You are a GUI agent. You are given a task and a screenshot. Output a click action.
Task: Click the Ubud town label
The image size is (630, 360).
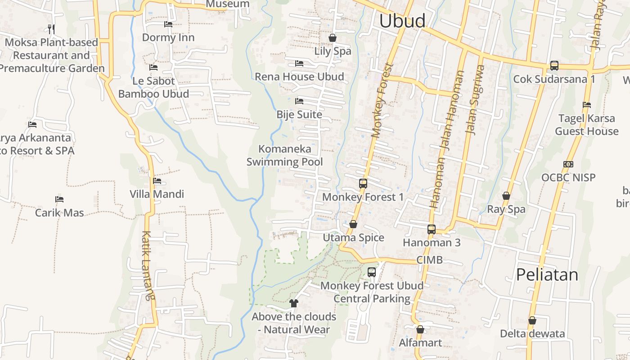point(402,21)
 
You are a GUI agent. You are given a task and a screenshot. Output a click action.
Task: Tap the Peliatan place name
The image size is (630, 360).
point(547,274)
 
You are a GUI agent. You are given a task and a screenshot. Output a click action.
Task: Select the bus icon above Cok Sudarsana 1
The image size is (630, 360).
point(554,66)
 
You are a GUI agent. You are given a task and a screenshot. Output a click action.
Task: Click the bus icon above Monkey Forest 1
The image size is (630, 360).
point(363,184)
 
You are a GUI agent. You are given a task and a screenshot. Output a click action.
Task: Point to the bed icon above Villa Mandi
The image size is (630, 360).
point(157,181)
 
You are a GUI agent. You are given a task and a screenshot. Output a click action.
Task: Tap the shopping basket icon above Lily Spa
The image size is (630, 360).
point(333,38)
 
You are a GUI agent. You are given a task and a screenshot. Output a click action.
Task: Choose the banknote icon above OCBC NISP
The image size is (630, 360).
point(568,164)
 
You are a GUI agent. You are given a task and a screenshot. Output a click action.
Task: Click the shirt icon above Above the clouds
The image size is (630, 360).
point(294,303)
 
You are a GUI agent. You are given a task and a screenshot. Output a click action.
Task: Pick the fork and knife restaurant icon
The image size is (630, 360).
point(51,29)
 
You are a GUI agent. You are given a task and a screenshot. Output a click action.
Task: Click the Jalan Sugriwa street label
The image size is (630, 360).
point(476,100)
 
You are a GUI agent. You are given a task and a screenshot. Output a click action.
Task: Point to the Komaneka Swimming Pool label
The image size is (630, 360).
point(285,155)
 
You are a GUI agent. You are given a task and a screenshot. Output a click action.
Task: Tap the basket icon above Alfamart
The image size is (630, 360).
point(420,330)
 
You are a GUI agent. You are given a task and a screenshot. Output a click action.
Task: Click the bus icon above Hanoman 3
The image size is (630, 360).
point(432,229)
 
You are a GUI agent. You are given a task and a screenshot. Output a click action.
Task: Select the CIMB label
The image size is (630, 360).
point(429,260)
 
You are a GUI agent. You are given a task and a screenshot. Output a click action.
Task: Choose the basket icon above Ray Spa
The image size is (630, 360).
point(506,196)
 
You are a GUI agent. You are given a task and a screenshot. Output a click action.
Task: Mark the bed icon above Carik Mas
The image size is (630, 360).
point(59,199)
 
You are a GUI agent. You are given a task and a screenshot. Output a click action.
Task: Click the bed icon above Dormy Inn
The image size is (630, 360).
point(168,24)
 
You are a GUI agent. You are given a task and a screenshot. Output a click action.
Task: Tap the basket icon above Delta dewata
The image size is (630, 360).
point(532,321)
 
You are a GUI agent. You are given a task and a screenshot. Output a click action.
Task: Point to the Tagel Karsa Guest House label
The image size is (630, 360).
point(587,125)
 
